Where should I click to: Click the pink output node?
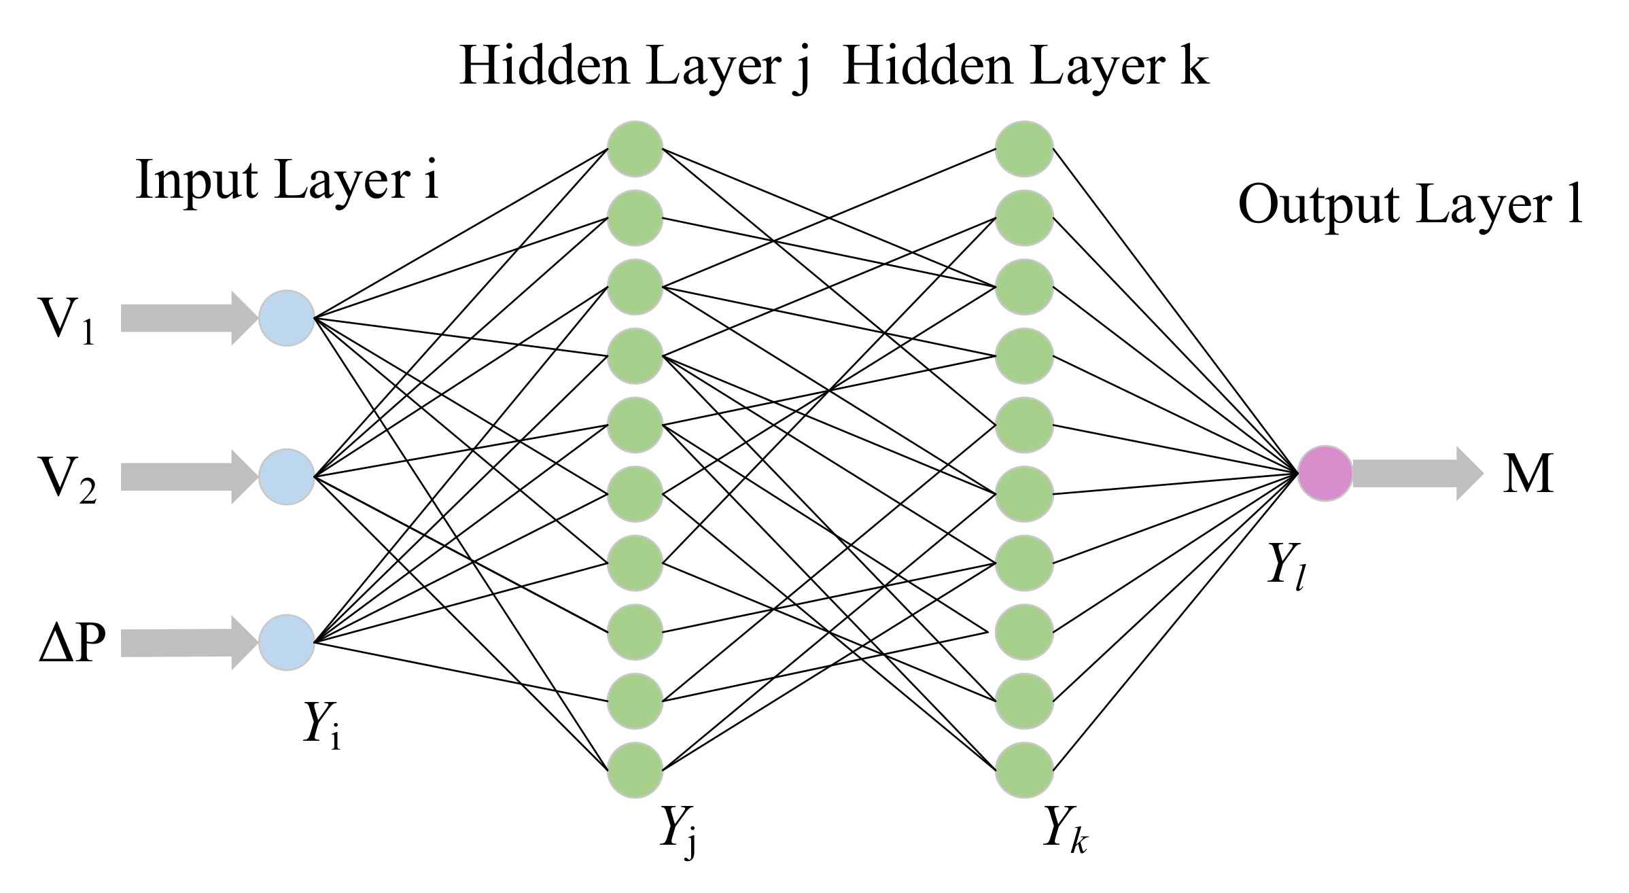point(1325,474)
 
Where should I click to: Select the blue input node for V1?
point(286,318)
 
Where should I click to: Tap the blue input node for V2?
point(286,476)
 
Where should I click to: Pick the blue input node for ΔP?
point(286,642)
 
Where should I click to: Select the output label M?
point(1527,474)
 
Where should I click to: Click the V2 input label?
point(67,479)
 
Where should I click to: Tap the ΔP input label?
point(72,642)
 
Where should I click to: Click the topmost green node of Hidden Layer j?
point(635,149)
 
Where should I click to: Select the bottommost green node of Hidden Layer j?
point(635,770)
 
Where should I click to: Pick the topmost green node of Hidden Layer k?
point(1024,149)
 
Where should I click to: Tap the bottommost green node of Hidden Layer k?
point(1024,770)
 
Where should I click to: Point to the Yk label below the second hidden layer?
point(1064,829)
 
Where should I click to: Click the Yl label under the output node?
point(1286,565)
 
